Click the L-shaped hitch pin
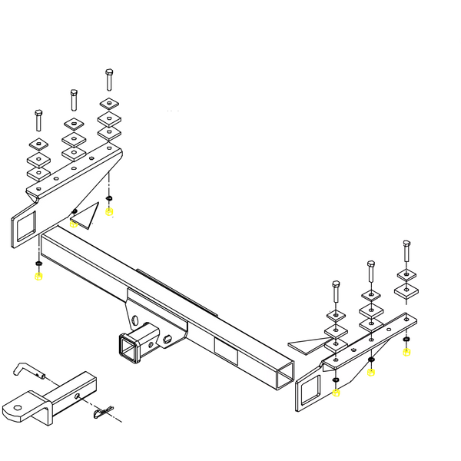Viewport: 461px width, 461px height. tap(26, 372)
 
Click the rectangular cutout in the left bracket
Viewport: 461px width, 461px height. tap(22, 225)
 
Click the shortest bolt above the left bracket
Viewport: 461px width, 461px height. tap(37, 121)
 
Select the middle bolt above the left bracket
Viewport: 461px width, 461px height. tap(74, 98)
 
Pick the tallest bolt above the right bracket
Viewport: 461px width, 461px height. tap(405, 251)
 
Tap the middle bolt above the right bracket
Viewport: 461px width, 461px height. tap(370, 271)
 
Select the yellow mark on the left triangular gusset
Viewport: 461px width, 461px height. tap(74, 225)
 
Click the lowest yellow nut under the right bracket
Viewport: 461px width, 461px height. tap(336, 393)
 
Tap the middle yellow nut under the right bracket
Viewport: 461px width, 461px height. tap(372, 373)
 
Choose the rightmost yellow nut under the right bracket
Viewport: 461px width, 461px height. tap(406, 352)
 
